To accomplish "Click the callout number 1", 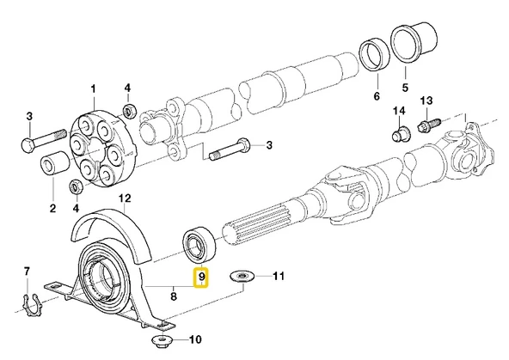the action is point(94,88).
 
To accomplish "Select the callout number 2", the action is point(52,208).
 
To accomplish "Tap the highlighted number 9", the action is point(201,277).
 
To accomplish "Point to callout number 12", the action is point(125,198).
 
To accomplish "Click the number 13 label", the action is point(426,101).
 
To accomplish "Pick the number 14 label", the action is point(399,111).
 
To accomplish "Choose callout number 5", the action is point(405,88).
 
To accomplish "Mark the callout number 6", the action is point(377,96).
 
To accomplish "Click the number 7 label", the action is point(27,272).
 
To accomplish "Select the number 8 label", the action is point(174,296).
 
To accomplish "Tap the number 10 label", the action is point(195,339).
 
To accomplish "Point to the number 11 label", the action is point(279,276).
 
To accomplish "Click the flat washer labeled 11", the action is point(242,277).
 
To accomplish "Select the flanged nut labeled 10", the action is point(163,341).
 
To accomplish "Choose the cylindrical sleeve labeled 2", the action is point(54,164).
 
